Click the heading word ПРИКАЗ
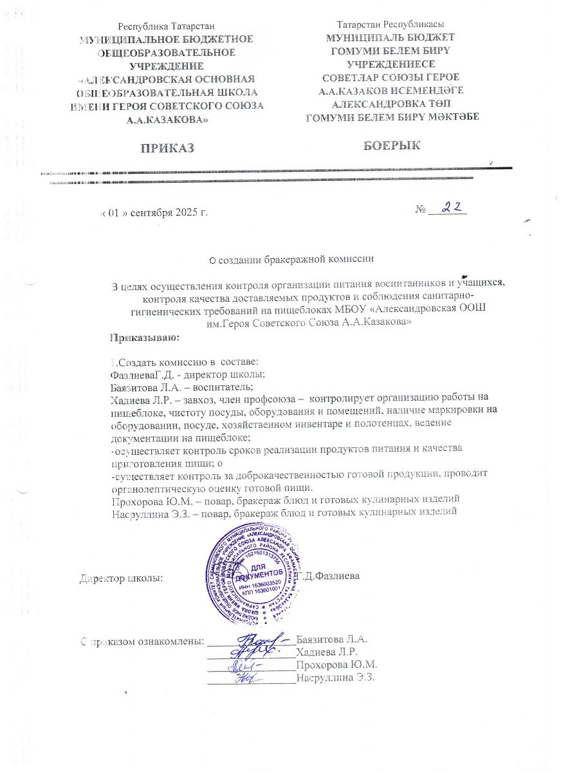167,149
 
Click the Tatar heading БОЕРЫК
392,146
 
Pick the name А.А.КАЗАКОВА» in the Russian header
166,119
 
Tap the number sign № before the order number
421,210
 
